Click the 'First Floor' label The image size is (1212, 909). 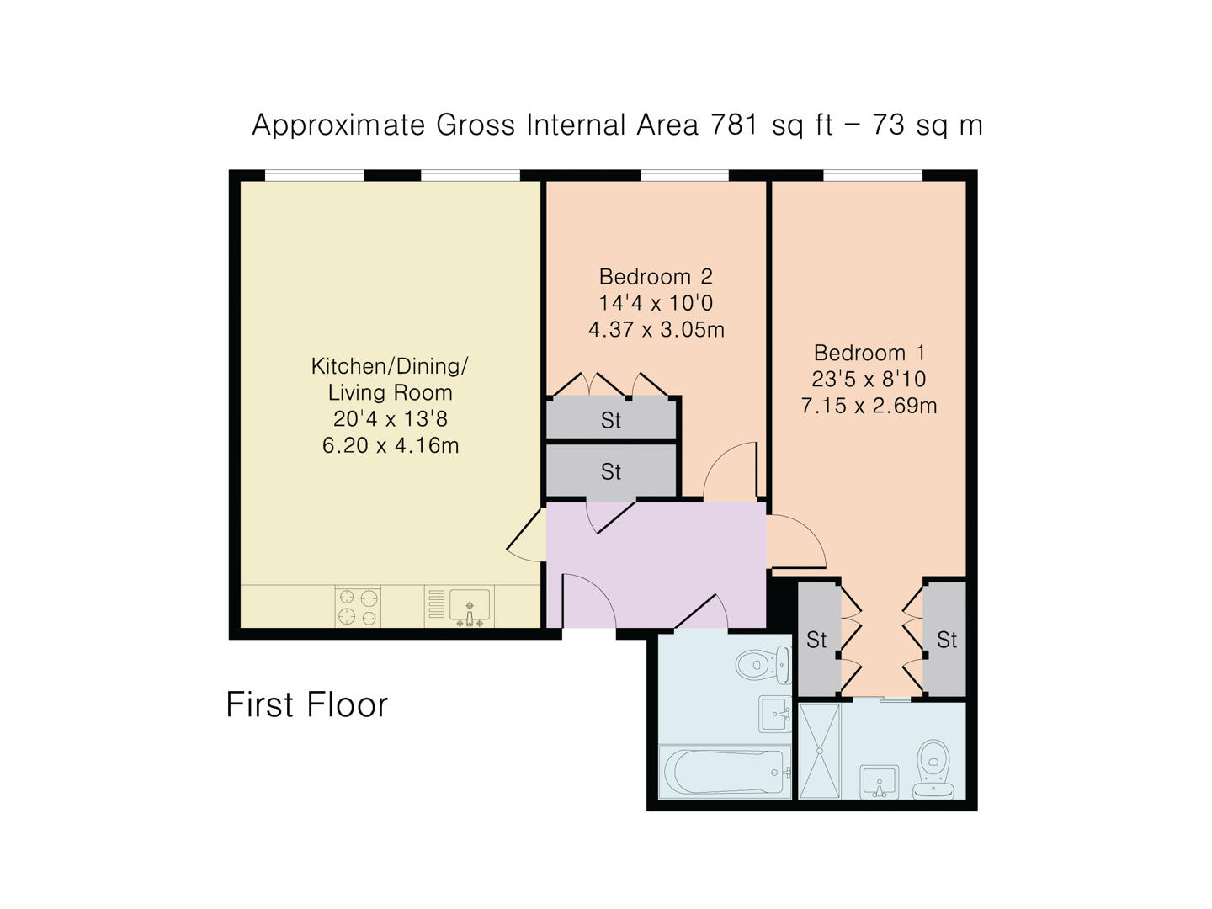(306, 704)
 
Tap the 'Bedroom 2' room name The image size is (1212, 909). (656, 276)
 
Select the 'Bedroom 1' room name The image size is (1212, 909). (869, 352)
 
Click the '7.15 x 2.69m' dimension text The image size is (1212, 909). (869, 406)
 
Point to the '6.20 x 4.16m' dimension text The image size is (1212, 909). (391, 445)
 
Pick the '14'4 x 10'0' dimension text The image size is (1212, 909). (656, 303)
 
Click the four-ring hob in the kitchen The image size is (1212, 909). (358, 607)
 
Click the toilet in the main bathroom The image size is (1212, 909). (763, 664)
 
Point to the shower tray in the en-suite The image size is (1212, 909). (819, 751)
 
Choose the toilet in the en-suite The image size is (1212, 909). (934, 768)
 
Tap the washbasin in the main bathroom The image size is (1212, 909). (774, 714)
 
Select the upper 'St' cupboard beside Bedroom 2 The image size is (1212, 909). (611, 420)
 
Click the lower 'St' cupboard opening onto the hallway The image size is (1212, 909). (611, 472)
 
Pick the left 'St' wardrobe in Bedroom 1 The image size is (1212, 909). (816, 640)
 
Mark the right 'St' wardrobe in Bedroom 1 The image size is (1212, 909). (946, 640)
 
